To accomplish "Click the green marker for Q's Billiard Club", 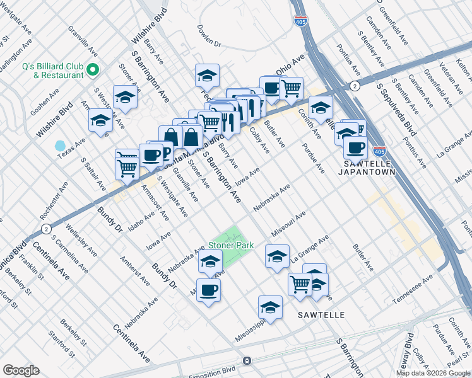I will click(x=93, y=69).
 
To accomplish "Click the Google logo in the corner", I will click(x=21, y=370).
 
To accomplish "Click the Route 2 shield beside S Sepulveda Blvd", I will click(x=355, y=85).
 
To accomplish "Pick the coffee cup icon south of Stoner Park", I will click(x=208, y=290).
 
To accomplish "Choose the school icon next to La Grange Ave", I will click(x=277, y=256).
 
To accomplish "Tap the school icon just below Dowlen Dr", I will click(x=207, y=76).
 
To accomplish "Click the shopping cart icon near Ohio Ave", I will click(x=291, y=88).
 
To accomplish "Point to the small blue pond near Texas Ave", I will click(x=60, y=146).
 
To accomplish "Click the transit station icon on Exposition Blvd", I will click(x=247, y=361).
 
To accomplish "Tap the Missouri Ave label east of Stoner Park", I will click(x=288, y=223).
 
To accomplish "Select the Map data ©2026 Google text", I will click(x=432, y=372).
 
